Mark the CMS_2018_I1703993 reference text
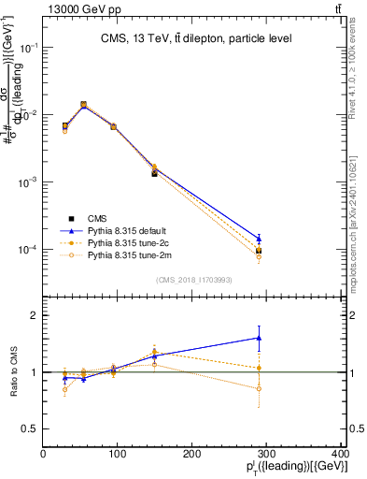(x=194, y=279)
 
